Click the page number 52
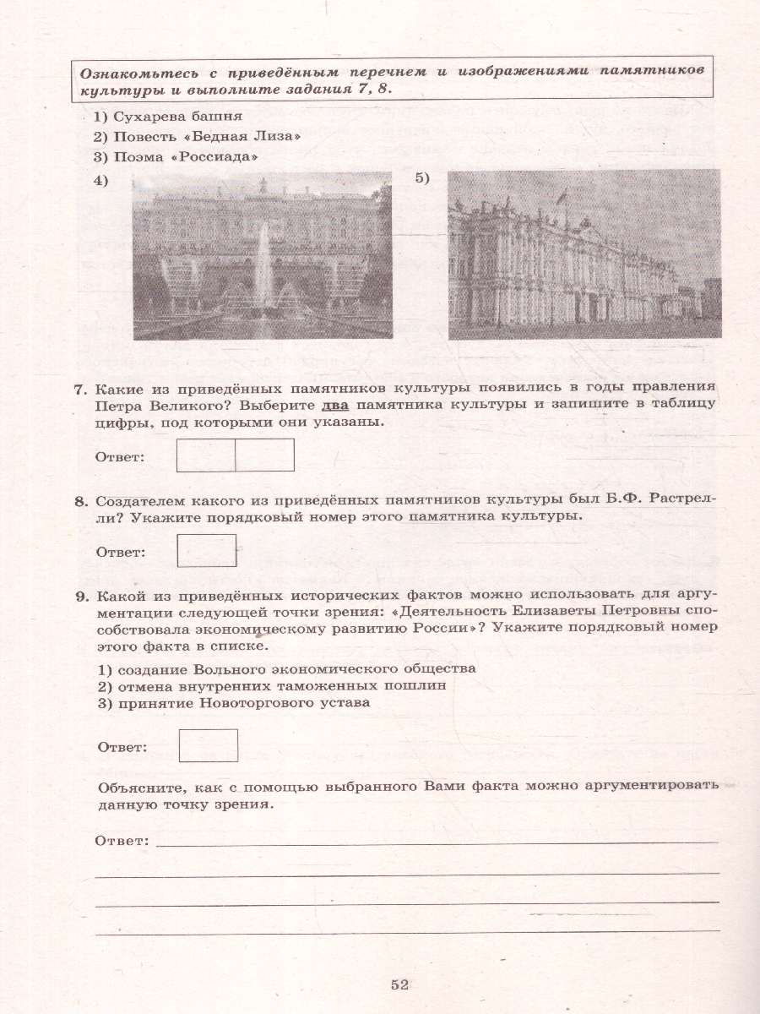click(x=399, y=983)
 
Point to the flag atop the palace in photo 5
click(x=559, y=196)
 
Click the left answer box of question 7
click(x=205, y=455)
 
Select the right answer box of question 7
click(x=264, y=455)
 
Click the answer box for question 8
click(x=207, y=550)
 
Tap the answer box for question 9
click(x=208, y=745)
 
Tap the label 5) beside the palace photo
click(x=422, y=177)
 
